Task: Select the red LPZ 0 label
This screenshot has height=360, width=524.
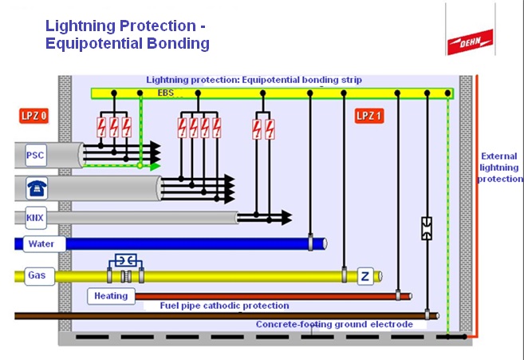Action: click(x=34, y=116)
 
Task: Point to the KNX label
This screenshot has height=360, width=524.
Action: click(x=35, y=217)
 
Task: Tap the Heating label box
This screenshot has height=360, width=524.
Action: click(x=111, y=296)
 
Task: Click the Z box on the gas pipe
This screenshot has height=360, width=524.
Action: click(x=364, y=276)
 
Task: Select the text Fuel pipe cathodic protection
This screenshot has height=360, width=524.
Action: click(x=225, y=306)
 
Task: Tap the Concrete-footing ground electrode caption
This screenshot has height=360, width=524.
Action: click(x=334, y=324)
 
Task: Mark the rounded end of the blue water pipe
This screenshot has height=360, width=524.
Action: click(x=323, y=243)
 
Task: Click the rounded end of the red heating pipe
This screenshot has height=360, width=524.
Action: click(x=408, y=296)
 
